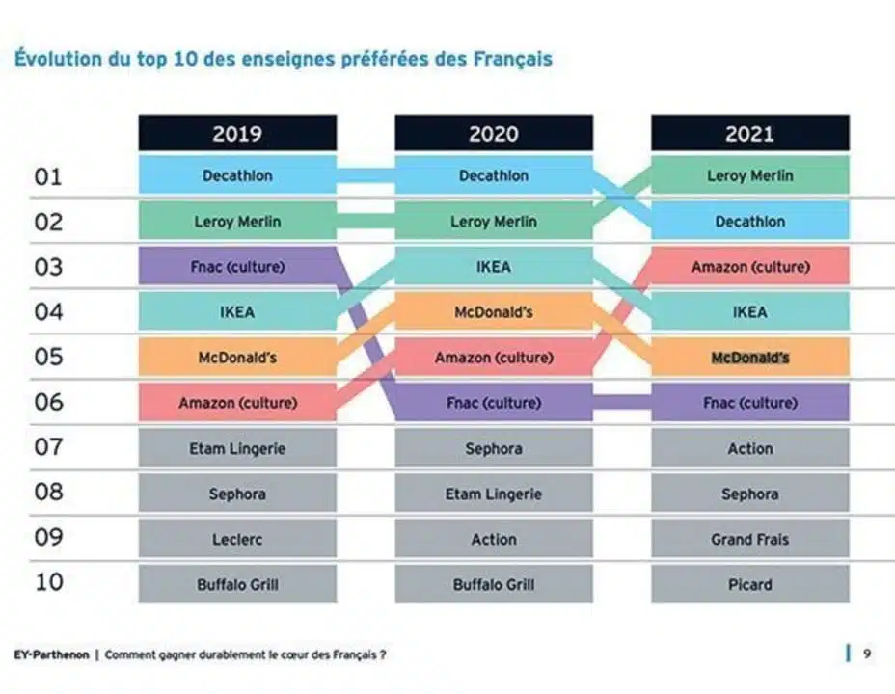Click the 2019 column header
[x=237, y=134]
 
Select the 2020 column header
[x=494, y=134]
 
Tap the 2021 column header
[x=750, y=134]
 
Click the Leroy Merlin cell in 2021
[x=750, y=176]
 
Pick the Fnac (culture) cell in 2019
[x=237, y=267]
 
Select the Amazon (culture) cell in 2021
[x=750, y=267]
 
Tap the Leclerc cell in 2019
[x=237, y=540]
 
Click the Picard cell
[x=750, y=585]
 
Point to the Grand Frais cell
[x=750, y=540]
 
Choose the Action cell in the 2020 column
[x=494, y=540]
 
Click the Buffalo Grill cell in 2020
[x=494, y=585]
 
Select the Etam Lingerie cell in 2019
[x=237, y=449]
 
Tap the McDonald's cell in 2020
[x=494, y=312]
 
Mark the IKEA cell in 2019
[x=237, y=312]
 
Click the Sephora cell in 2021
[x=750, y=494]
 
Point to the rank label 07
[x=48, y=447]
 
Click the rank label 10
[x=48, y=583]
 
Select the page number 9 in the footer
[x=867, y=654]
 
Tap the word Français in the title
[x=513, y=59]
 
